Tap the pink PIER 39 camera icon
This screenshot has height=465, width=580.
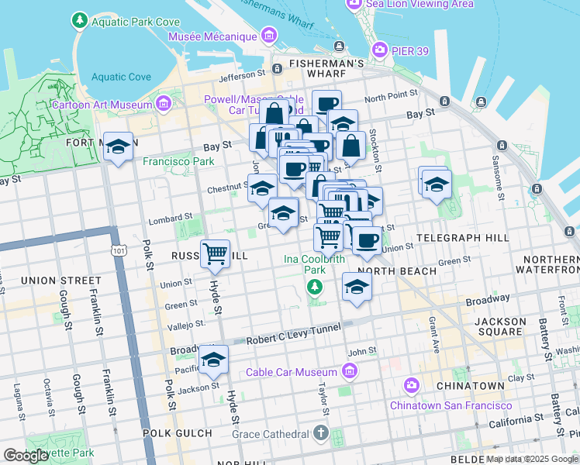pyautogui.click(x=380, y=50)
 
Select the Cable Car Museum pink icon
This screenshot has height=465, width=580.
pyautogui.click(x=350, y=372)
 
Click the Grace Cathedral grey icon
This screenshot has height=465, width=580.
pyautogui.click(x=323, y=432)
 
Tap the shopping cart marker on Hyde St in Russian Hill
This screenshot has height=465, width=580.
pyautogui.click(x=215, y=253)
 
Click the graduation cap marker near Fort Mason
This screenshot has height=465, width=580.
pyautogui.click(x=118, y=147)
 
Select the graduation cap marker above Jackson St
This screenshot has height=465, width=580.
pyautogui.click(x=214, y=360)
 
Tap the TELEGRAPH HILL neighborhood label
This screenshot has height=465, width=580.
pyautogui.click(x=462, y=236)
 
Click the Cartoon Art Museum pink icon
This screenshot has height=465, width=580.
pyautogui.click(x=163, y=104)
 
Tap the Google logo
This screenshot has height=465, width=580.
pyautogui.click(x=26, y=456)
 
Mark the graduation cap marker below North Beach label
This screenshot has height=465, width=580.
pyautogui.click(x=356, y=287)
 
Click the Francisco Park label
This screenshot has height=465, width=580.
pyautogui.click(x=178, y=162)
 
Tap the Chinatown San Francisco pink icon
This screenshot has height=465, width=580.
pyautogui.click(x=411, y=385)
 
